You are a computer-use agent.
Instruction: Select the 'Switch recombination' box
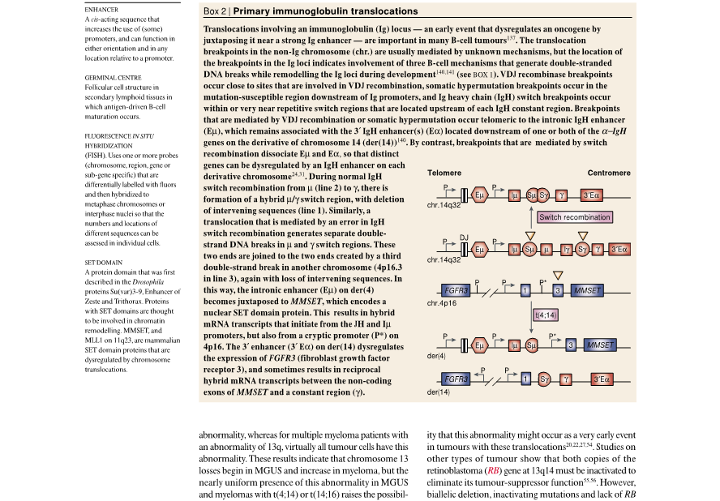574,217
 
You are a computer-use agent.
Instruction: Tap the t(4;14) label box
545,314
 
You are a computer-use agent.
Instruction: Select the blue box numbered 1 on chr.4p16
525,290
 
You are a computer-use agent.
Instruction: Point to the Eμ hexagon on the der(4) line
479,345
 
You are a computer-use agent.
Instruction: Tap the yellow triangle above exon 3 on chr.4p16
556,275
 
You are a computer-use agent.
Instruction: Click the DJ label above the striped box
464,236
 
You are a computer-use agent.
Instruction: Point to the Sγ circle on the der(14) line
545,379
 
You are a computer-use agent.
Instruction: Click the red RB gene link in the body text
492,469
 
